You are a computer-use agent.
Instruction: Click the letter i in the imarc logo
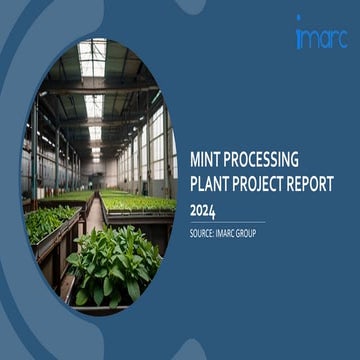tap(300, 36)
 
